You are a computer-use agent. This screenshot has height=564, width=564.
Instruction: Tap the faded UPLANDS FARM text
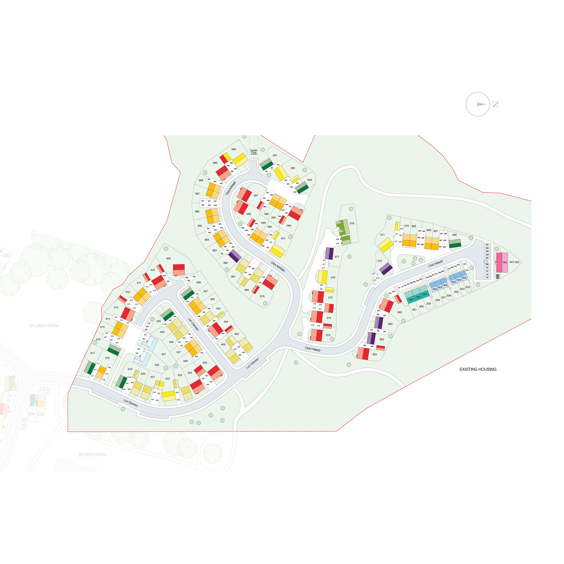pos(43,326)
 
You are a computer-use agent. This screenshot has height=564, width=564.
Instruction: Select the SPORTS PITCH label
pos(92,455)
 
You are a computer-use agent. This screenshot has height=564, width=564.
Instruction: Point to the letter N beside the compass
pos(495,104)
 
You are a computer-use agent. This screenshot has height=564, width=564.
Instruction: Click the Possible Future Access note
pos(254,152)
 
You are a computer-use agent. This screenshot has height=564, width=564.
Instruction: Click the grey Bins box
pos(497,276)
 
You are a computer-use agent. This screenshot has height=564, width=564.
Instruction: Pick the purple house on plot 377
pos(329,253)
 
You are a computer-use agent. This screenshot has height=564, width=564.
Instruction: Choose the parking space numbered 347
pos(487,245)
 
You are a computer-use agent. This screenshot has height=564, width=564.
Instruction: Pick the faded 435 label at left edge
pos(6,256)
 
